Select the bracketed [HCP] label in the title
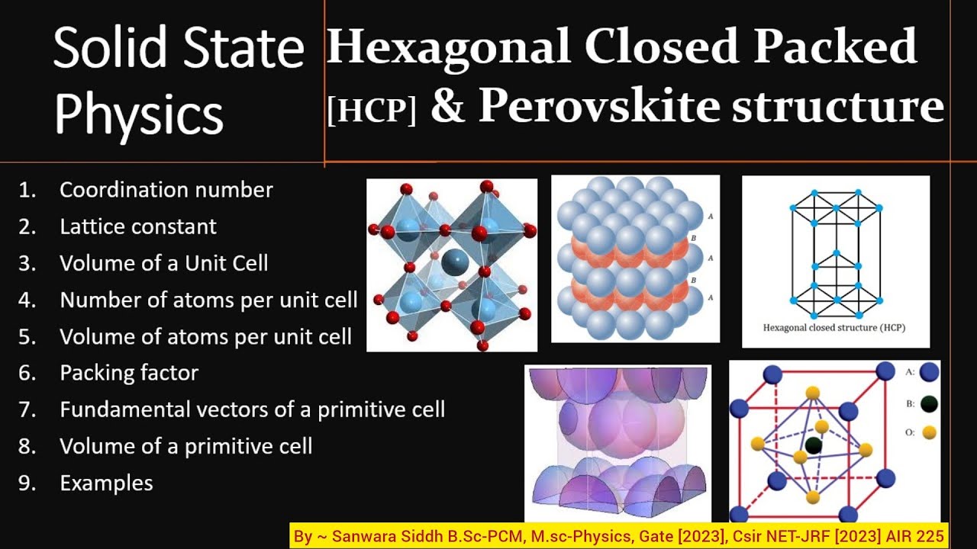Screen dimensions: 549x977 tap(372, 111)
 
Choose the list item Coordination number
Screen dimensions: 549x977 tap(166, 190)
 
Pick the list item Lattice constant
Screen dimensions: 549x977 tap(138, 226)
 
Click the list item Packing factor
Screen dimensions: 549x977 tap(129, 373)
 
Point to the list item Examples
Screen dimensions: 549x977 tap(106, 483)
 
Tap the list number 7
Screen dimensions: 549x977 tap(27, 409)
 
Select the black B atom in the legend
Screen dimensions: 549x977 tap(929, 404)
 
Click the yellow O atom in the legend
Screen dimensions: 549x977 tap(929, 432)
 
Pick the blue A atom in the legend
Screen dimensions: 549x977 tap(929, 373)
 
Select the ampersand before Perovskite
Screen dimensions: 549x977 tap(447, 107)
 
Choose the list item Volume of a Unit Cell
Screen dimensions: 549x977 tap(163, 263)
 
